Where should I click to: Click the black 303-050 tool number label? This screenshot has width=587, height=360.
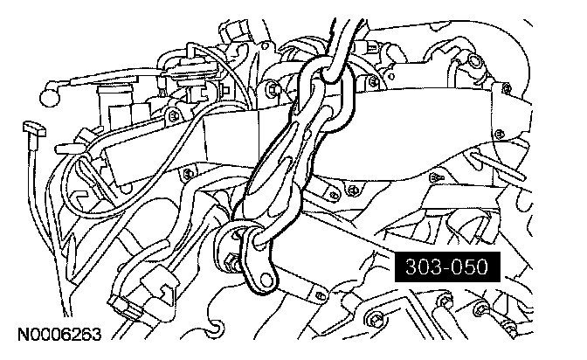click(447, 267)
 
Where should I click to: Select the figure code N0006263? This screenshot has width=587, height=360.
click(59, 334)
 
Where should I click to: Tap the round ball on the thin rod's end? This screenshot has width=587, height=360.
click(50, 97)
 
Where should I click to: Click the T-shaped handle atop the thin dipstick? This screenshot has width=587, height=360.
click(34, 128)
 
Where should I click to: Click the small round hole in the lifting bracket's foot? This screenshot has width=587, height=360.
click(266, 279)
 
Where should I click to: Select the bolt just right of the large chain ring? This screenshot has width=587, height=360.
click(373, 81)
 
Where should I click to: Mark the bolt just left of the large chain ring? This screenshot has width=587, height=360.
click(273, 89)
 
